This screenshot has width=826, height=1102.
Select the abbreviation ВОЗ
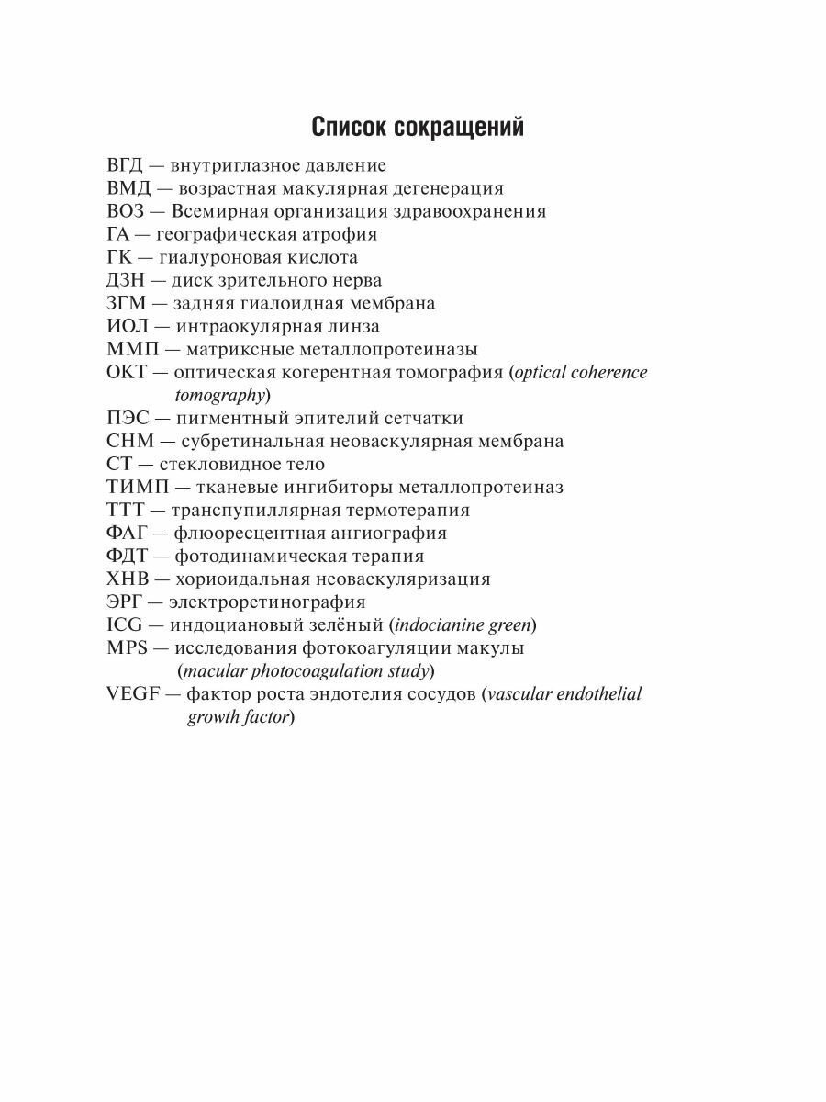pyautogui.click(x=126, y=211)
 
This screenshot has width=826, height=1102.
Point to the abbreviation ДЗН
pyautogui.click(x=126, y=280)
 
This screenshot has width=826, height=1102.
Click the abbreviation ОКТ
pyautogui.click(x=127, y=372)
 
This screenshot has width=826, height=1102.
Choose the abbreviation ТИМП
pyautogui.click(x=134, y=487)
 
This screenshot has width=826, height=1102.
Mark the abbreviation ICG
pyautogui.click(x=125, y=624)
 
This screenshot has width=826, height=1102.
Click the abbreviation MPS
pyautogui.click(x=127, y=647)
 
